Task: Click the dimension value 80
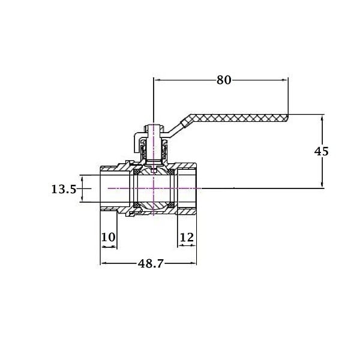click(x=224, y=80)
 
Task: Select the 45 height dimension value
click(x=321, y=151)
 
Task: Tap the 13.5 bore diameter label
click(x=64, y=190)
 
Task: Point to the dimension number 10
click(x=108, y=237)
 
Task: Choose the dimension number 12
click(x=187, y=238)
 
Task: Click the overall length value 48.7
click(x=151, y=263)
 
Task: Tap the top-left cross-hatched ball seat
click(x=137, y=172)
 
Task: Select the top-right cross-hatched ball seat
click(x=171, y=172)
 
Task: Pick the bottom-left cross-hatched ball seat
click(x=137, y=205)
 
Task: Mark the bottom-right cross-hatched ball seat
click(x=171, y=205)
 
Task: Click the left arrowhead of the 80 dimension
click(x=157, y=80)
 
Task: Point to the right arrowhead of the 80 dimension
click(x=285, y=80)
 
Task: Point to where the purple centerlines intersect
click(x=154, y=188)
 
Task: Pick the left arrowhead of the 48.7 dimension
click(x=104, y=263)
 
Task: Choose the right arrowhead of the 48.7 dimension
click(x=194, y=263)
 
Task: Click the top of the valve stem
click(x=154, y=125)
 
